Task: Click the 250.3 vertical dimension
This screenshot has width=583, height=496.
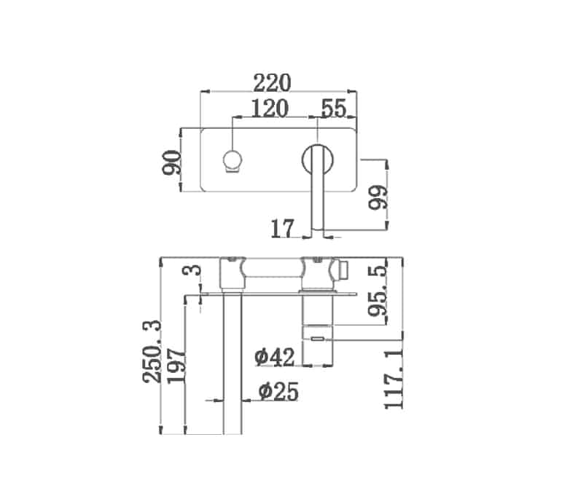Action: coord(153,350)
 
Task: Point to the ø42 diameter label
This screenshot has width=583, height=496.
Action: coord(274,357)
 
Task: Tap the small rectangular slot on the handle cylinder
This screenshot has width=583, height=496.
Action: coord(318,338)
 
